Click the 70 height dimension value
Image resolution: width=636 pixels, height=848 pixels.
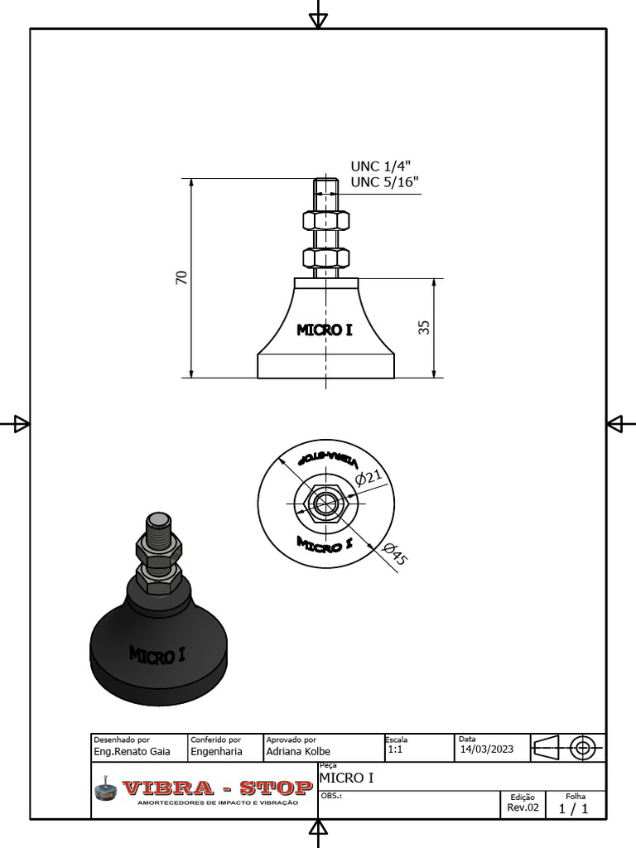click(181, 277)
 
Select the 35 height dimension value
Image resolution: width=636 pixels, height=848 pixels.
click(424, 327)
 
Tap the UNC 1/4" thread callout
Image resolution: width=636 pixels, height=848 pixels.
click(381, 166)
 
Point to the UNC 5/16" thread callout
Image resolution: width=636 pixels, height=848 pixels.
click(385, 181)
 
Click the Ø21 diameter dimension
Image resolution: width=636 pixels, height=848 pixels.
click(369, 478)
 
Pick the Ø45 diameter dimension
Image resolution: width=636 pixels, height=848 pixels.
click(394, 554)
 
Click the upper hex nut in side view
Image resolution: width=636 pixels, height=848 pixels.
click(325, 220)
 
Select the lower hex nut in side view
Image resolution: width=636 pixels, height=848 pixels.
click(325, 258)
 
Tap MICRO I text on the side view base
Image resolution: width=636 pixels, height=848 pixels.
click(325, 330)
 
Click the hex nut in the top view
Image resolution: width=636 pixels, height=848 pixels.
click(325, 503)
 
